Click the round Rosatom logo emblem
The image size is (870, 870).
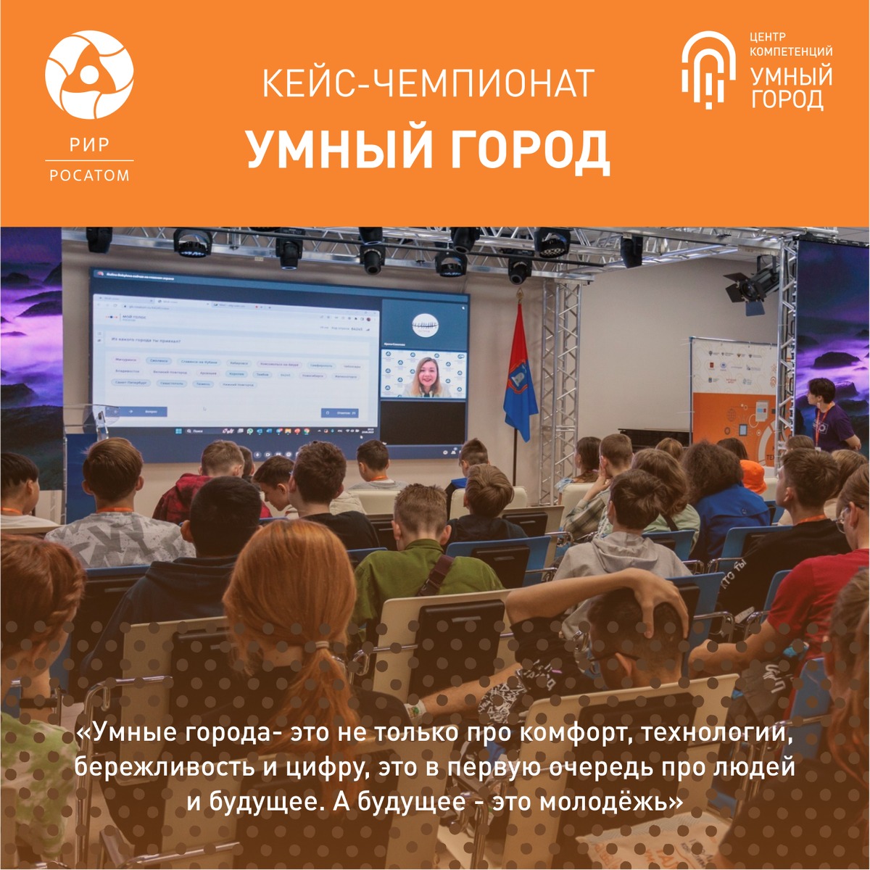pos(89,75)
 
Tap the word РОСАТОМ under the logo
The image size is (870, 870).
pos(89,175)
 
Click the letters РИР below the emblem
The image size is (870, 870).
pos(89,145)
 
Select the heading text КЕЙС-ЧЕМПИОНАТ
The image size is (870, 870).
pos(428,83)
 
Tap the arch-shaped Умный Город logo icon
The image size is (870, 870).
pos(708,70)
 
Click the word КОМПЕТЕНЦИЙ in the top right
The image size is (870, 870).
pos(790,51)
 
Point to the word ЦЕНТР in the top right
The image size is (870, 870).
pos(768,36)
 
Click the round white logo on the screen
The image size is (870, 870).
pos(425,323)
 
